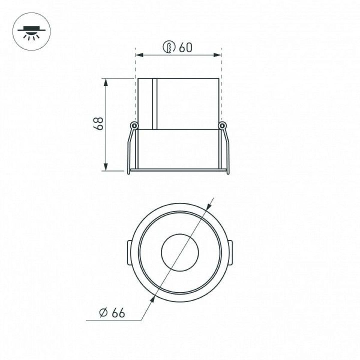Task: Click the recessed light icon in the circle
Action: [x=31, y=33]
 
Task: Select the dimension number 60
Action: [x=185, y=47]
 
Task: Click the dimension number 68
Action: [x=98, y=124]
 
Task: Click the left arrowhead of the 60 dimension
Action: [x=139, y=55]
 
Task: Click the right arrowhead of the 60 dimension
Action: [x=217, y=55]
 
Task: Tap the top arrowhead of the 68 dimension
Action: [x=106, y=82]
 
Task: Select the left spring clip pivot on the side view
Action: [x=134, y=125]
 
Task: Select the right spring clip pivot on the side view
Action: [x=222, y=125]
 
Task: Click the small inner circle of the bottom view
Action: [x=180, y=253]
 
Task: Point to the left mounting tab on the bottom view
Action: [x=129, y=253]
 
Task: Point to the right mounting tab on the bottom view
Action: [x=230, y=253]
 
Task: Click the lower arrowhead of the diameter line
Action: [x=153, y=303]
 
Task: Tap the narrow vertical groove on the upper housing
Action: [x=155, y=104]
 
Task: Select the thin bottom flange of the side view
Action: [x=178, y=170]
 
